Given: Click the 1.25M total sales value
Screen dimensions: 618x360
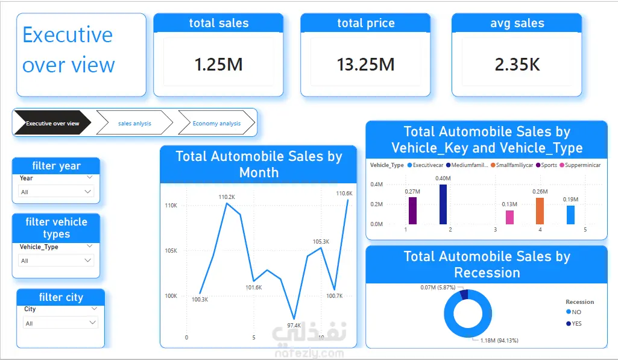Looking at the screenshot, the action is (x=218, y=65).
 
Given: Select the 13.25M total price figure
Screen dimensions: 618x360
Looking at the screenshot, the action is (x=365, y=65).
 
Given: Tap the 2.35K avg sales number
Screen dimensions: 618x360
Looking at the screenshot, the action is (x=517, y=65).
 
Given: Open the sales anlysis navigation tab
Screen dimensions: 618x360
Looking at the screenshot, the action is (x=134, y=124).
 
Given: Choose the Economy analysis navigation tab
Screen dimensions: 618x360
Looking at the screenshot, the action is (x=216, y=124).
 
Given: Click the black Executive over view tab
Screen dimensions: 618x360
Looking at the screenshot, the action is (x=52, y=124).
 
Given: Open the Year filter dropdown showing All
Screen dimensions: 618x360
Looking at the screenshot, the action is (x=56, y=192).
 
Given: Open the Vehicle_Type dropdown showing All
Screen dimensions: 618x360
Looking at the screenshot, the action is (x=56, y=261).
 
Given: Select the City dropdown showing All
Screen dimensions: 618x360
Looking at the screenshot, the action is (x=60, y=323).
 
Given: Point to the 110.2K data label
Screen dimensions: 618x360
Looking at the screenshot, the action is (x=227, y=197).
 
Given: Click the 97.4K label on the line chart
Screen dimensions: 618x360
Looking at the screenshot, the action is (x=294, y=325).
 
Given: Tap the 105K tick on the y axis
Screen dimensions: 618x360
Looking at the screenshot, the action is (x=171, y=251).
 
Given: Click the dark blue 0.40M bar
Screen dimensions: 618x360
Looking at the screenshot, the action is (x=443, y=204).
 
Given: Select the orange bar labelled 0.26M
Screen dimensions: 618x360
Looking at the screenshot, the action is (x=540, y=211).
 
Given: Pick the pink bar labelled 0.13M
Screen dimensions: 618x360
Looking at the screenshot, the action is (x=509, y=217).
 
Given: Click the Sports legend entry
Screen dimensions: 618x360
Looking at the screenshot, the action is (x=546, y=165).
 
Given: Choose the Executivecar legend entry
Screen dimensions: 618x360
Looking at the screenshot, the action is (x=425, y=165).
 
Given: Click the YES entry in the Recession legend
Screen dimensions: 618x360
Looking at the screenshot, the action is (x=574, y=324).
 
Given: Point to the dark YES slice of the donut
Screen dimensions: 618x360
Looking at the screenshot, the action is (x=464, y=294).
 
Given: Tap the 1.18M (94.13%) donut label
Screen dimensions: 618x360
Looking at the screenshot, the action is (x=499, y=340).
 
